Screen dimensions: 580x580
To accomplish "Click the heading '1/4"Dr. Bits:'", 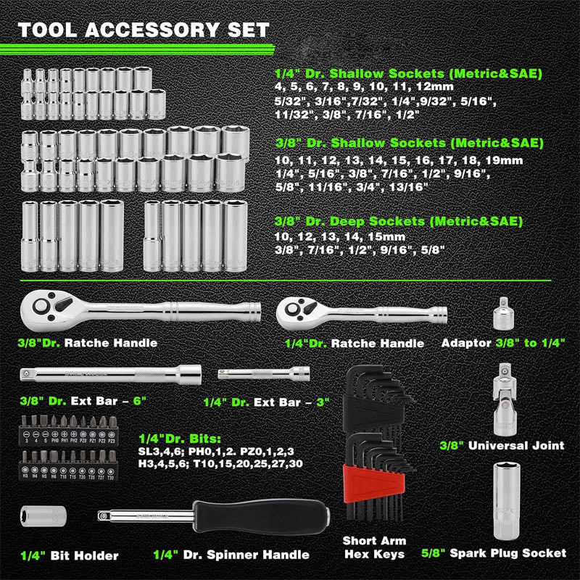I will (x=181, y=437).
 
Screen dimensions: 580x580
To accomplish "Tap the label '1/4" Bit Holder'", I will (x=69, y=555).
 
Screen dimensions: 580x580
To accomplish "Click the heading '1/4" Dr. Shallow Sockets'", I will (x=408, y=74).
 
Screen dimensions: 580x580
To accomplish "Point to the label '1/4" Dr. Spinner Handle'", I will (x=231, y=555).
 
